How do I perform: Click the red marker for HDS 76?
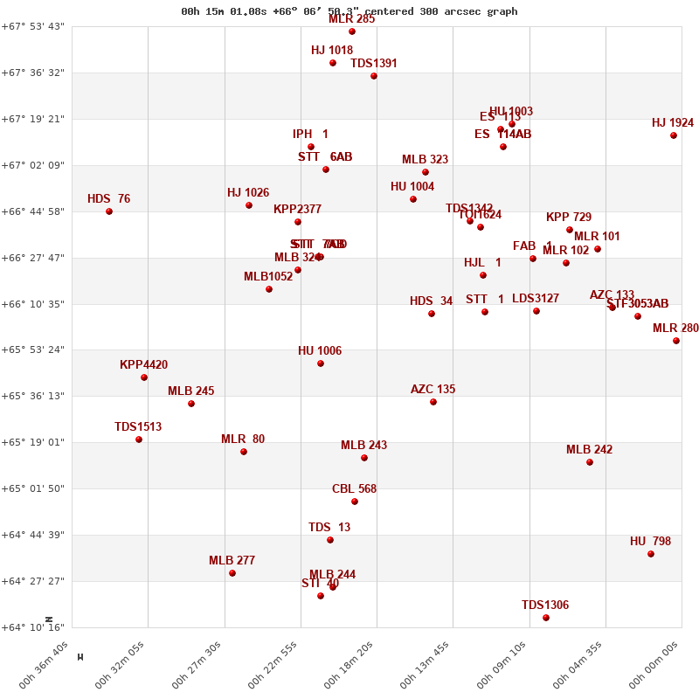coord(109,211)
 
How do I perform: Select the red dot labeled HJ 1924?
coord(674,135)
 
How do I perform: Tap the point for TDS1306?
coord(546,618)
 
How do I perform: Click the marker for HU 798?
coord(651,554)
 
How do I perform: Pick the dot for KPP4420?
coord(144,377)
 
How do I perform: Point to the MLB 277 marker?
coord(232,573)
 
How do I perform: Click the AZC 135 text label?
coord(433,390)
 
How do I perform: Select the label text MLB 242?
coord(589,450)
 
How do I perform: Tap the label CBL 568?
coord(354,489)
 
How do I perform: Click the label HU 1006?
coord(320,351)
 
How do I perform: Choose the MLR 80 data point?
coord(244,452)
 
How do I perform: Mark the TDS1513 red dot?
coord(139,439)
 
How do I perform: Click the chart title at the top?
coord(349,11)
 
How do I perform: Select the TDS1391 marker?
coord(374,76)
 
